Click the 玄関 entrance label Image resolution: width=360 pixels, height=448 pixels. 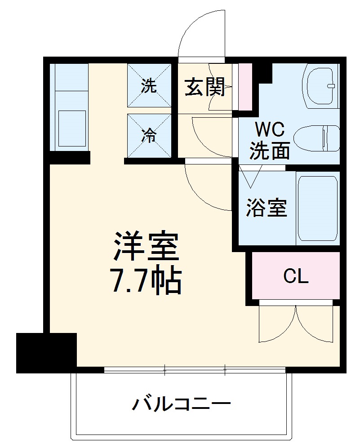pyautogui.click(x=205, y=87)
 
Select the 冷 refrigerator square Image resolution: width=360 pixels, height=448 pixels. pyautogui.click(x=149, y=136)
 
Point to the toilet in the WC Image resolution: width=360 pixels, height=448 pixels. pyautogui.click(x=317, y=138)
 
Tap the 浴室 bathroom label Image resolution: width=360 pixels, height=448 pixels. pyautogui.click(x=267, y=208)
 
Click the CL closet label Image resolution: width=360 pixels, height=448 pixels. pyautogui.click(x=296, y=276)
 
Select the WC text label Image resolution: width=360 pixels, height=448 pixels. pyautogui.click(x=270, y=130)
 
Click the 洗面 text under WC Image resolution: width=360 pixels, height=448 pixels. pyautogui.click(x=270, y=151)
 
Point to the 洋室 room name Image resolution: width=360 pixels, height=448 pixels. pyautogui.click(x=146, y=247)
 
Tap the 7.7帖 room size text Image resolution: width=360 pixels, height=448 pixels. pyautogui.click(x=146, y=282)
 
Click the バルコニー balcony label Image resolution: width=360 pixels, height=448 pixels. pyautogui.click(x=181, y=404)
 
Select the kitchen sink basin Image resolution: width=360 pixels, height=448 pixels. pyautogui.click(x=71, y=127)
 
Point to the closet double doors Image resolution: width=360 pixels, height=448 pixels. pyautogui.click(x=297, y=324)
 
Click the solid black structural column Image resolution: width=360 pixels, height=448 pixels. pyautogui.click(x=46, y=353)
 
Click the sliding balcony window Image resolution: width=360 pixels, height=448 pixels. pyautogui.click(x=194, y=371)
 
